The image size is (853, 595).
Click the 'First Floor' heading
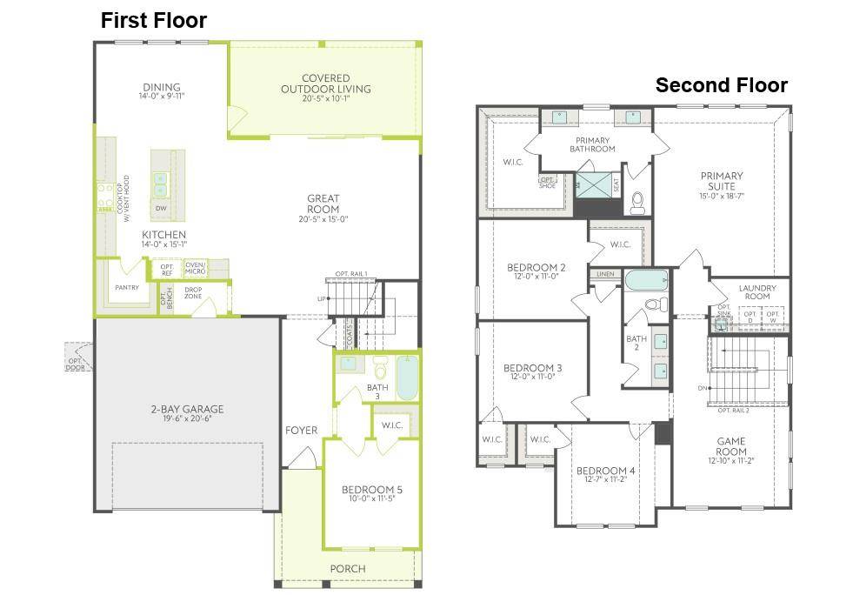pyautogui.click(x=154, y=21)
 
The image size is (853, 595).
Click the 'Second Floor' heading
pyautogui.click(x=721, y=85)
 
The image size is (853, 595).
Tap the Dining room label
pyautogui.click(x=162, y=87)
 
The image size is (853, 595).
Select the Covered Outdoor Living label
pyautogui.click(x=325, y=84)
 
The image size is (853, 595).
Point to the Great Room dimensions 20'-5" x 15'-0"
pyautogui.click(x=323, y=219)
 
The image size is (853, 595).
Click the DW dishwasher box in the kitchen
pyautogui.click(x=161, y=209)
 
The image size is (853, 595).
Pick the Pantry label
pyautogui.click(x=127, y=288)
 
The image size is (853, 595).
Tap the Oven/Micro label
pyautogui.click(x=196, y=269)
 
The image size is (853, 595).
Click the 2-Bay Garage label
pyautogui.click(x=187, y=409)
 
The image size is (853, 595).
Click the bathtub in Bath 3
pyautogui.click(x=407, y=377)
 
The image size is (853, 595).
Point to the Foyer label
pyautogui.click(x=302, y=431)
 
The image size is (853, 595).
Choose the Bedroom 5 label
pyautogui.click(x=371, y=489)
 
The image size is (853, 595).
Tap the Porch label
pyautogui.click(x=348, y=569)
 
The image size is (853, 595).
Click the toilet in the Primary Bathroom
pyautogui.click(x=637, y=202)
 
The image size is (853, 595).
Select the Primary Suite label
pyautogui.click(x=722, y=181)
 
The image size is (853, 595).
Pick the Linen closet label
pyautogui.click(x=605, y=275)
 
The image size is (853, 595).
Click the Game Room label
pyautogui.click(x=731, y=446)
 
